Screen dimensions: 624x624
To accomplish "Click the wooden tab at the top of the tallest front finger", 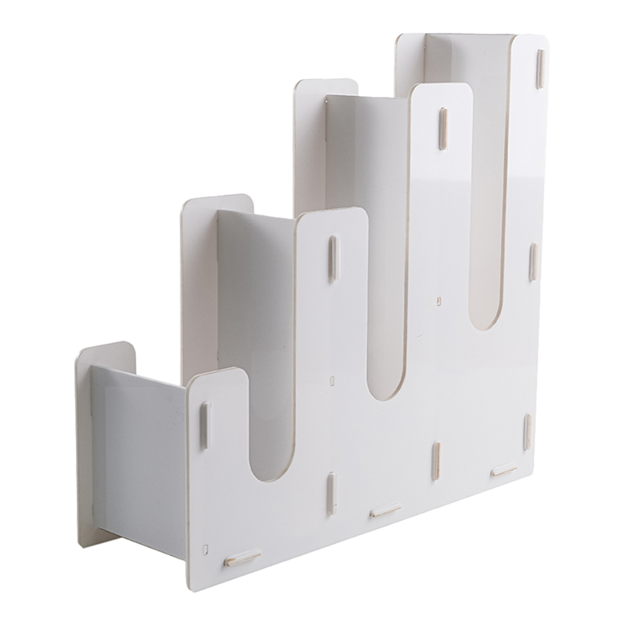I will [x=540, y=69].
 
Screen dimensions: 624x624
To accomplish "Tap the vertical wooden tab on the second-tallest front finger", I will [x=442, y=129].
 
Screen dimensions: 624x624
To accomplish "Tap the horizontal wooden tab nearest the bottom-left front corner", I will [x=243, y=557].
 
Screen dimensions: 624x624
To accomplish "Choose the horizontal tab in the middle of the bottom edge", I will [x=385, y=510].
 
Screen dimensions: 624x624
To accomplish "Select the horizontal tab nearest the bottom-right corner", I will [x=504, y=470].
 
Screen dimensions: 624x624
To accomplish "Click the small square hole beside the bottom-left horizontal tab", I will [x=205, y=550].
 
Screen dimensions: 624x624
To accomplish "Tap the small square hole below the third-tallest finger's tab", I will [x=331, y=379].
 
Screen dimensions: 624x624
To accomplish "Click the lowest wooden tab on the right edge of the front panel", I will [x=527, y=431].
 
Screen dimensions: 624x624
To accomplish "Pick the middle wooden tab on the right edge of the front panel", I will [x=534, y=262].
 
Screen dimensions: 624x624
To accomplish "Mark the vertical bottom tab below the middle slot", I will [x=436, y=461].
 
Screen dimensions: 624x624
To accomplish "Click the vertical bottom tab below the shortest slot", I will [x=331, y=493].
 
